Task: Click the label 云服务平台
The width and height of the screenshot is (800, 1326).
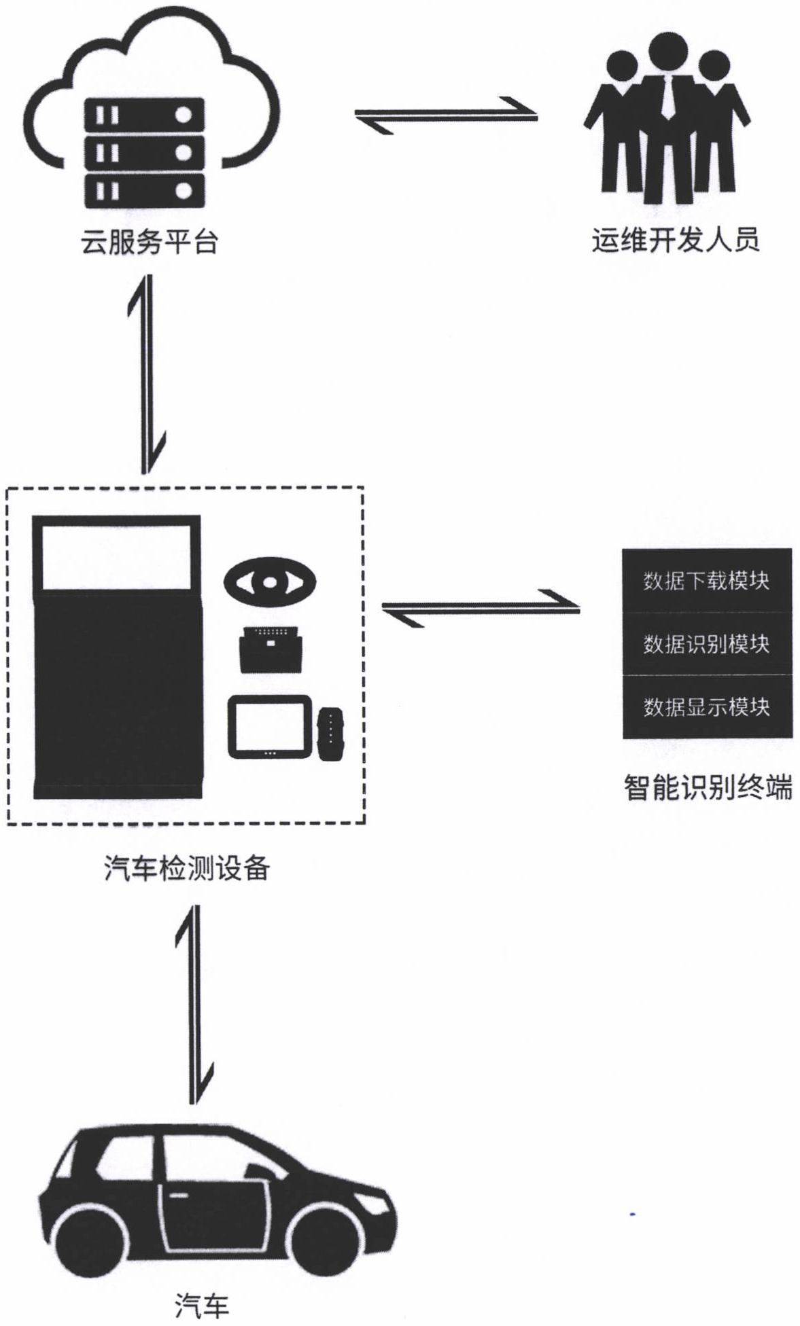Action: click(x=149, y=241)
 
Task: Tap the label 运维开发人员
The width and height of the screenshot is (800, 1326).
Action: click(x=674, y=240)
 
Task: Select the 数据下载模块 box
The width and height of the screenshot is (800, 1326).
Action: click(x=707, y=580)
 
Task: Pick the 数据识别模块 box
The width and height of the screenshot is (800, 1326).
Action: click(x=707, y=643)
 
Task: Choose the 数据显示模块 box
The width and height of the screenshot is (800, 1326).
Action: click(x=707, y=706)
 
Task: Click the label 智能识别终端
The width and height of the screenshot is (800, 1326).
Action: click(x=708, y=788)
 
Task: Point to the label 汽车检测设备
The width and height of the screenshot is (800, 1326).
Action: click(x=187, y=867)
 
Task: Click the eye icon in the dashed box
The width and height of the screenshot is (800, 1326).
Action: click(x=270, y=581)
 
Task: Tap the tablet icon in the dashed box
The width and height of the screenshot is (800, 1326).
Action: click(x=270, y=726)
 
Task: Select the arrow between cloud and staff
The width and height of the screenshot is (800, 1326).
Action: click(x=446, y=115)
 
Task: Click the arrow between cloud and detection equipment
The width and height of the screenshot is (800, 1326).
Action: click(x=146, y=374)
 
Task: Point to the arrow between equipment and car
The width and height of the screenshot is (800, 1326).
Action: click(x=194, y=1005)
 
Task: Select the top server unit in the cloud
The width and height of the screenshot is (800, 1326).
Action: click(x=144, y=115)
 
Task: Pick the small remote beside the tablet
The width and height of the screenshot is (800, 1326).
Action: click(x=331, y=734)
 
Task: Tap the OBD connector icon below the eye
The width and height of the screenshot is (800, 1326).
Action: click(x=271, y=649)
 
